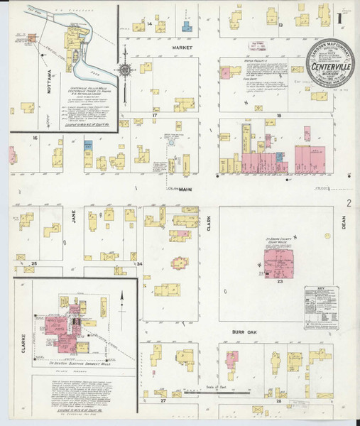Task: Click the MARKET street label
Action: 183,48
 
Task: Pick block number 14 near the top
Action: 150,23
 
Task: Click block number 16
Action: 33,137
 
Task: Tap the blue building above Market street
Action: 187,27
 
